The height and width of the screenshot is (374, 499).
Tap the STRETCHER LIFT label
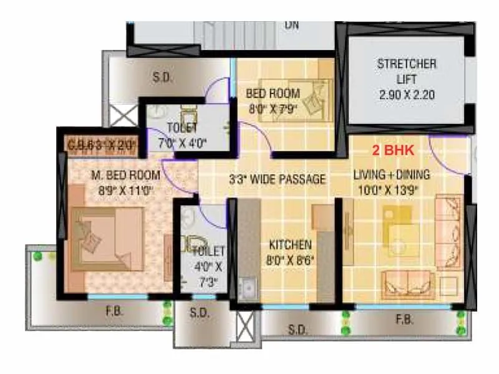pos(407,71)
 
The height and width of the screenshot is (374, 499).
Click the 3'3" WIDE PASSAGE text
pos(277,180)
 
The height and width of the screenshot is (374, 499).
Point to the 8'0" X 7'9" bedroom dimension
pos(273,108)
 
